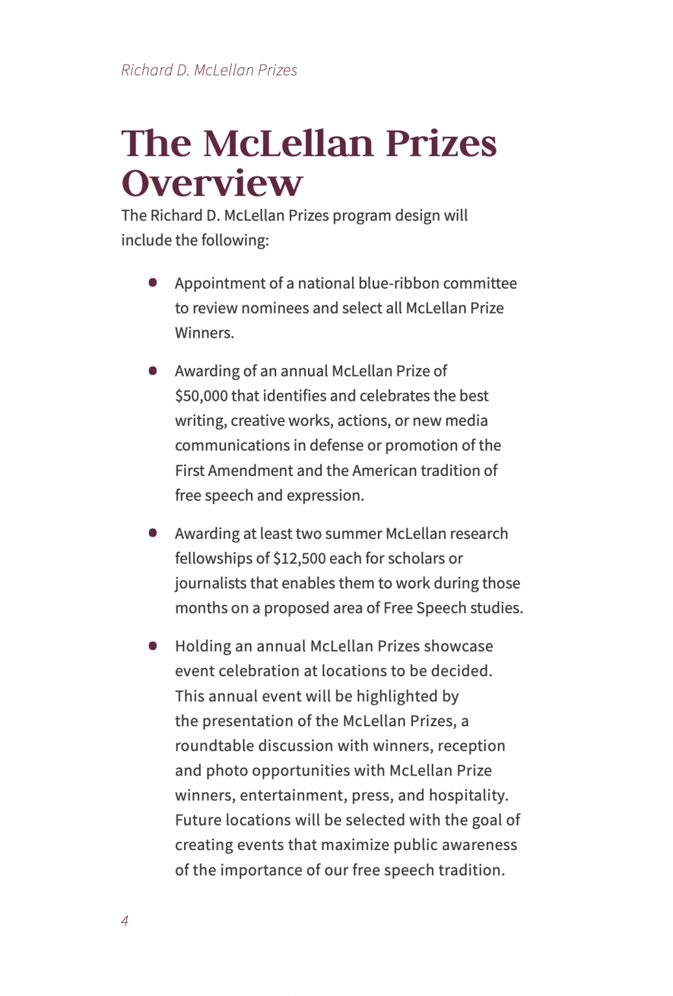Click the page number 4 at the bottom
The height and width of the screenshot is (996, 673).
point(124,920)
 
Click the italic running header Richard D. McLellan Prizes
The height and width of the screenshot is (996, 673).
point(209,70)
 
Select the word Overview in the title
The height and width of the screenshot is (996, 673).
point(212,183)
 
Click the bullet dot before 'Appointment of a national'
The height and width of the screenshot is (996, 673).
point(153,283)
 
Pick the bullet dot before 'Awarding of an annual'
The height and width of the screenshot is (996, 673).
point(153,371)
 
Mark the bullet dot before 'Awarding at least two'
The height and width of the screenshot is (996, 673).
point(153,533)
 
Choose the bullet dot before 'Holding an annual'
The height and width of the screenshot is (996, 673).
point(153,646)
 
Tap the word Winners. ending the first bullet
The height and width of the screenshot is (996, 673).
point(204,333)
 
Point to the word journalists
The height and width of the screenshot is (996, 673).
point(210,583)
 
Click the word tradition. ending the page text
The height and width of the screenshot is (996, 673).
point(471,870)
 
